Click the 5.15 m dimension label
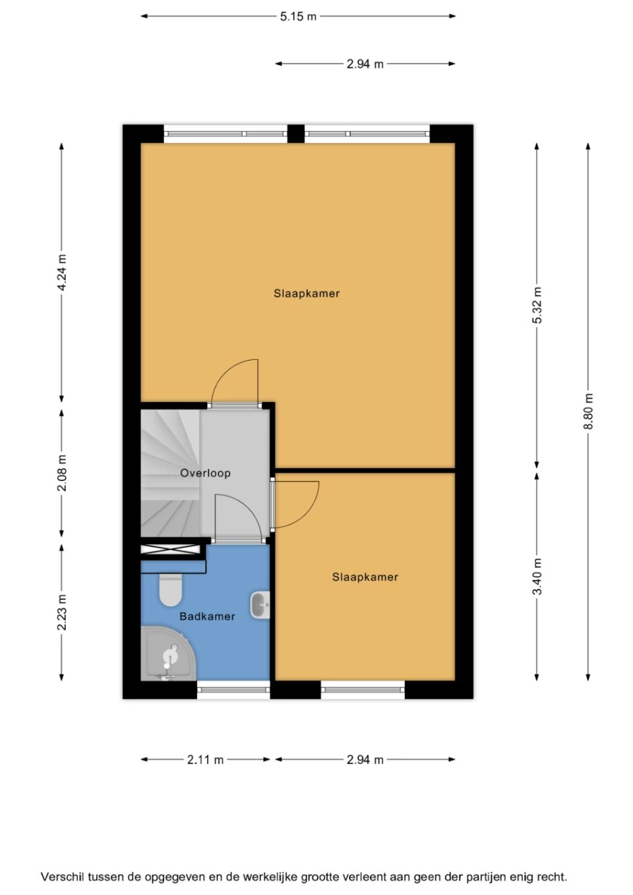coord(298,16)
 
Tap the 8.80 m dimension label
coord(589,412)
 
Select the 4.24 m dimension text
coord(62,272)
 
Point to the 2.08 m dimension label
coord(62,473)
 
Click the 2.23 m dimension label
coord(62,612)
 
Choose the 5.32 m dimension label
coord(537,305)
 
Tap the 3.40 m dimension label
coord(537,576)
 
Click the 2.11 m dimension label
coord(205,759)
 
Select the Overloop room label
coord(205,473)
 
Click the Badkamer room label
coord(207,616)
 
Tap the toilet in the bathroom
coord(171,589)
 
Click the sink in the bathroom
coord(260,604)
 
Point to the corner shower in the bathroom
coord(166,654)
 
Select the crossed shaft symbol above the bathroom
coord(171,548)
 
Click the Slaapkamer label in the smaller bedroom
coord(365,577)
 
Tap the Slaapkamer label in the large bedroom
coord(307,293)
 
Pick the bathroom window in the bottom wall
coord(233,690)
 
